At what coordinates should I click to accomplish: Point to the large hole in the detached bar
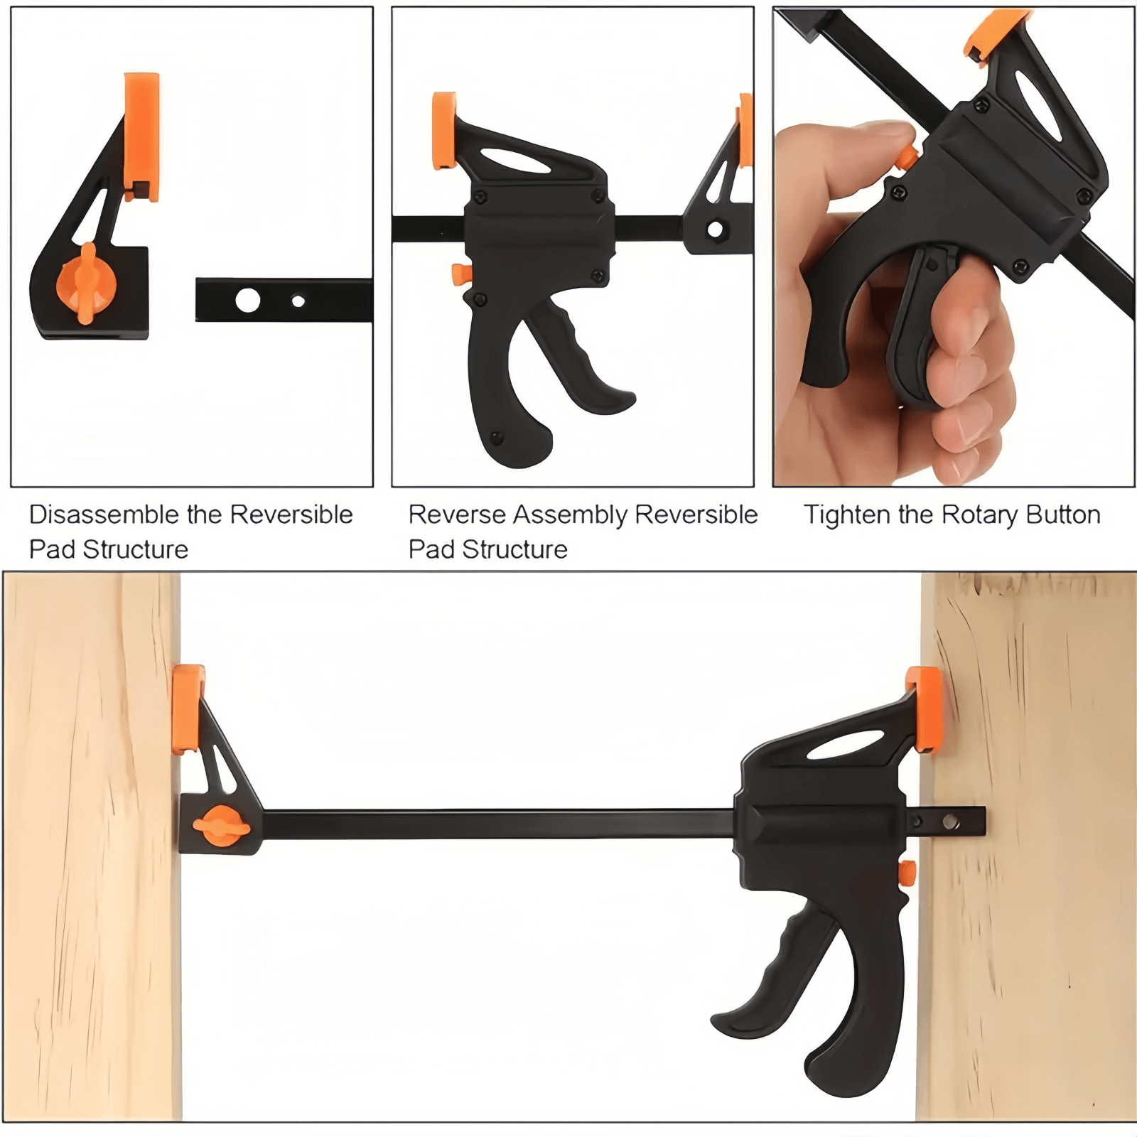[247, 300]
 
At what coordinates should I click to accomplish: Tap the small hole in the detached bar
[298, 301]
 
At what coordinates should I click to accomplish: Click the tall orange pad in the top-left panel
[141, 135]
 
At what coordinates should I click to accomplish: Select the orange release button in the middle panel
[460, 274]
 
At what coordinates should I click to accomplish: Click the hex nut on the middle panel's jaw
[715, 230]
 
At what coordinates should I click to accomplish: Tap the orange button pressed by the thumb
[906, 158]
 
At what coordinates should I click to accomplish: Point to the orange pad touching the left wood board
[187, 708]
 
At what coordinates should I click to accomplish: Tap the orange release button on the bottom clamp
[906, 873]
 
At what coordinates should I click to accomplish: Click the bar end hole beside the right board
[950, 823]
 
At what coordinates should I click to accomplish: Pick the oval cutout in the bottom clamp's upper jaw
[846, 744]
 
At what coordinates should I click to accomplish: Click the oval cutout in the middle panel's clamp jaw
[515, 160]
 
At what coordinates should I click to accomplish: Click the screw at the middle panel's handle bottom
[497, 436]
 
